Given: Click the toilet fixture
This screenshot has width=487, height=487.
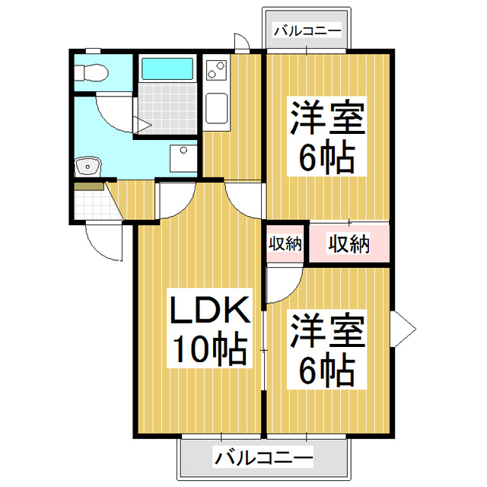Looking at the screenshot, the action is pos(91,73).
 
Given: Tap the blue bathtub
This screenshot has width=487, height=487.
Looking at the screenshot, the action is pos(167,68).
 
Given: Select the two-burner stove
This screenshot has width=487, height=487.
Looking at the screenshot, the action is pos(216,70).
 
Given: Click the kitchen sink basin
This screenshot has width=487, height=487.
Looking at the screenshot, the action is pos(217,108).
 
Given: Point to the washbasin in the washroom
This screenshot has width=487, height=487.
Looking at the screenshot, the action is pos(88,166).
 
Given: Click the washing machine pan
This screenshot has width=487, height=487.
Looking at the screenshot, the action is pos(183,158).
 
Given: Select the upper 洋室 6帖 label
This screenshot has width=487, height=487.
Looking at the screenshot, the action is pos(326,136).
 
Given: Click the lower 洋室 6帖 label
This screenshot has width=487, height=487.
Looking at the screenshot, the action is pos(326,349).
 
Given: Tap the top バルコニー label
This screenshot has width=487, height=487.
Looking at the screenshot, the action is pos(307,30).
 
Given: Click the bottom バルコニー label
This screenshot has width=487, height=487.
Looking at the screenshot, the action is pos(263,457).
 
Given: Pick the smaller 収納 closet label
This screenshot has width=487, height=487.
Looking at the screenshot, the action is pos(285,243).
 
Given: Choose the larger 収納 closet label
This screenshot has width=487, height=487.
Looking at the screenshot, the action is pos(349,243).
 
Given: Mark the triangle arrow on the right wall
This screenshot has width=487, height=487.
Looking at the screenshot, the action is pos(403,329).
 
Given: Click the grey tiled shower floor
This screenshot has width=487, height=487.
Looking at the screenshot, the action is pos(167,108).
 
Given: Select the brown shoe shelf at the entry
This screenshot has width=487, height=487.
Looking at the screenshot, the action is pos(89,186).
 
